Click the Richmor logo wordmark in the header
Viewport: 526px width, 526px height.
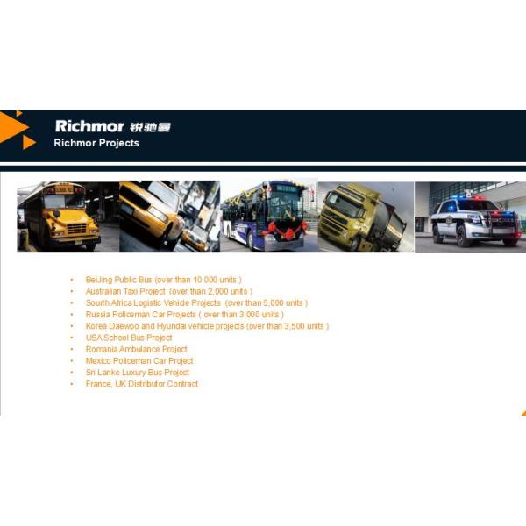89,126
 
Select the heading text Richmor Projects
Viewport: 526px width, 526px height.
96,143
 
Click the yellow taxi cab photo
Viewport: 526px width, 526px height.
169,217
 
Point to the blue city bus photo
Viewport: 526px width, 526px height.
268,217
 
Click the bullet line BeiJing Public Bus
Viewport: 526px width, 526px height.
163,280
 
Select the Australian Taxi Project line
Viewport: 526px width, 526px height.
168,291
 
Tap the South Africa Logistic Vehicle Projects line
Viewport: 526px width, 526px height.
196,302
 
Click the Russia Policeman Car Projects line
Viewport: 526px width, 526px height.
184,314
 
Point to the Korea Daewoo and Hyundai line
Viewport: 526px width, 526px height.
207,326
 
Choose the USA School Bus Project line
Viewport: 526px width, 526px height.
129,338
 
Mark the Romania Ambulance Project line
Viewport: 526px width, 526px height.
136,349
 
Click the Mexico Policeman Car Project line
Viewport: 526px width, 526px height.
139,360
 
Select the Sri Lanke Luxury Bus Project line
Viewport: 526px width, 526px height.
137,373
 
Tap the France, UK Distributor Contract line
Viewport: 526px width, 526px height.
142,384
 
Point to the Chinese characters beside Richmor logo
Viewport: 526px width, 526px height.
149,127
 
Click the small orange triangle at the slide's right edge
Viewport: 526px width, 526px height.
522,410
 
